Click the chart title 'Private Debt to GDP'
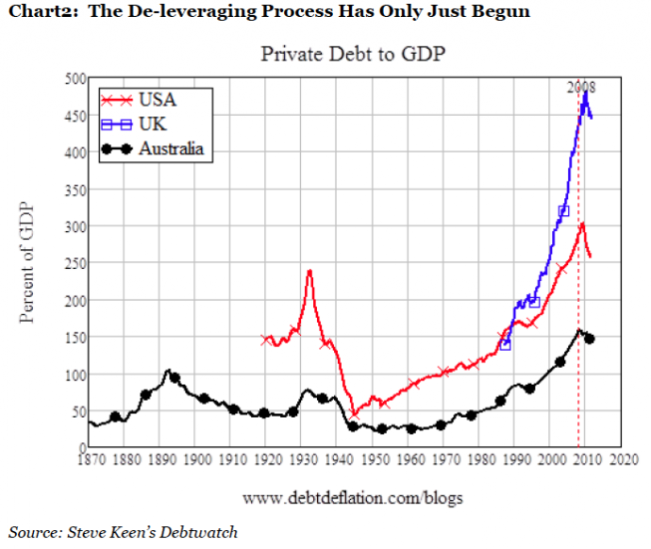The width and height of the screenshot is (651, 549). [x=353, y=54]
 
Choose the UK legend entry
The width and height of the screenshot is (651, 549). [x=152, y=124]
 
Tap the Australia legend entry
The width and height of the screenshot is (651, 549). [x=171, y=148]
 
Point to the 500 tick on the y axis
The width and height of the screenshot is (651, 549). [x=73, y=78]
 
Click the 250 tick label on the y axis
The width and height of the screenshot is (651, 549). [x=73, y=263]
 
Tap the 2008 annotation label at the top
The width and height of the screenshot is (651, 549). [x=580, y=87]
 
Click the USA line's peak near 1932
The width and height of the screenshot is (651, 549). [x=309, y=271]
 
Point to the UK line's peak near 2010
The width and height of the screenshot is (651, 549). [x=585, y=92]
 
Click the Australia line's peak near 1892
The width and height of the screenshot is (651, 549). [x=168, y=371]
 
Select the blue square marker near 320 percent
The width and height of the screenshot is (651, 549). [x=564, y=211]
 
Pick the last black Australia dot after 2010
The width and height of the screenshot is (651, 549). [x=590, y=338]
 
